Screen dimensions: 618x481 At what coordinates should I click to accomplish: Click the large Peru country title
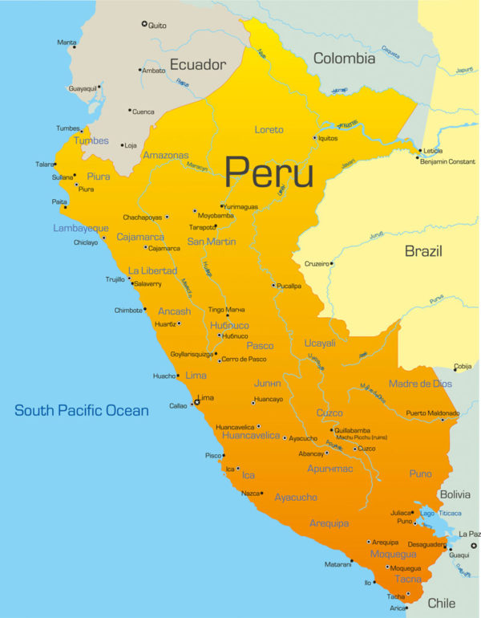[269, 171]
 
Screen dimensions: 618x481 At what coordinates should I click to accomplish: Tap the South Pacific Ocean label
[82, 411]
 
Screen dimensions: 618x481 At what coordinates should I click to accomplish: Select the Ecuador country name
[197, 64]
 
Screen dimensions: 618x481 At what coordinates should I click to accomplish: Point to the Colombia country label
[344, 59]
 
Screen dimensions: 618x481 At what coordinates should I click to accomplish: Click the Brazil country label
[422, 252]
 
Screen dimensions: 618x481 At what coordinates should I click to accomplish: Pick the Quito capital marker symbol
[144, 24]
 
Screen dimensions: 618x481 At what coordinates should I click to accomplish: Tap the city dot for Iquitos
[314, 137]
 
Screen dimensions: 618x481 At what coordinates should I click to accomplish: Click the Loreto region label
[269, 130]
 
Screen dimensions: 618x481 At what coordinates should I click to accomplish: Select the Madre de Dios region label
[420, 384]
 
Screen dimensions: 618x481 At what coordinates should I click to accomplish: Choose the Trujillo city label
[115, 279]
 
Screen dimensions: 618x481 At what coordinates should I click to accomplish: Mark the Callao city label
[177, 406]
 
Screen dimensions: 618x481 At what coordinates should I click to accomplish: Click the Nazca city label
[251, 493]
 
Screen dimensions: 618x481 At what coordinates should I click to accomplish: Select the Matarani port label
[338, 564]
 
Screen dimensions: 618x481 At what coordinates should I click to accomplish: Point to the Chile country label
[441, 603]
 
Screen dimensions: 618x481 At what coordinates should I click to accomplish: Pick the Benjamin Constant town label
[448, 161]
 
